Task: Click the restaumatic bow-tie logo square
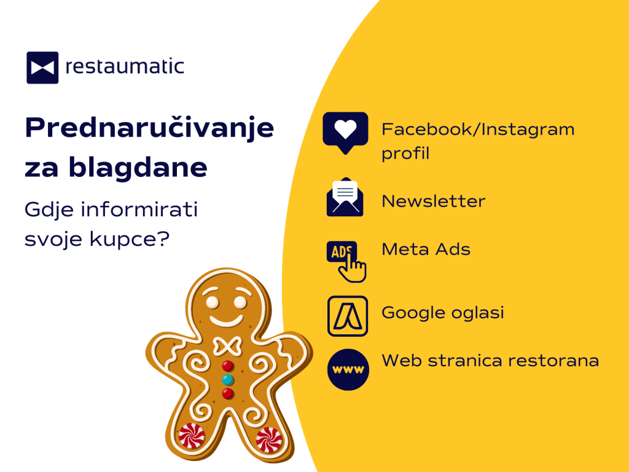pos(42,68)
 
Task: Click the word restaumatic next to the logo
pos(125,66)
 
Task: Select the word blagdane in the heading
pos(138,168)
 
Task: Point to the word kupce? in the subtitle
pos(130,239)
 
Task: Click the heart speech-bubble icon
pos(345,133)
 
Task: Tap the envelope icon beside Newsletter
pos(345,197)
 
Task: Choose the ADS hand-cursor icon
pos(346,261)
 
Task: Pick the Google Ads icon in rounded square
pos(348,316)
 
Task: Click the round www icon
pos(348,369)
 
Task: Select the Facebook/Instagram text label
pos(478,130)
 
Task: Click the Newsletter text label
pos(433,201)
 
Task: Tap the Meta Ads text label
pos(426,250)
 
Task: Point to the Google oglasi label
pos(442,313)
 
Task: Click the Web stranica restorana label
pos(490,360)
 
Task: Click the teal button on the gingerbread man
pos(228,379)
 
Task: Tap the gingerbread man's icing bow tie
pos(227,347)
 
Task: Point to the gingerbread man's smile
pos(226,320)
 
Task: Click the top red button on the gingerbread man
pos(228,366)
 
